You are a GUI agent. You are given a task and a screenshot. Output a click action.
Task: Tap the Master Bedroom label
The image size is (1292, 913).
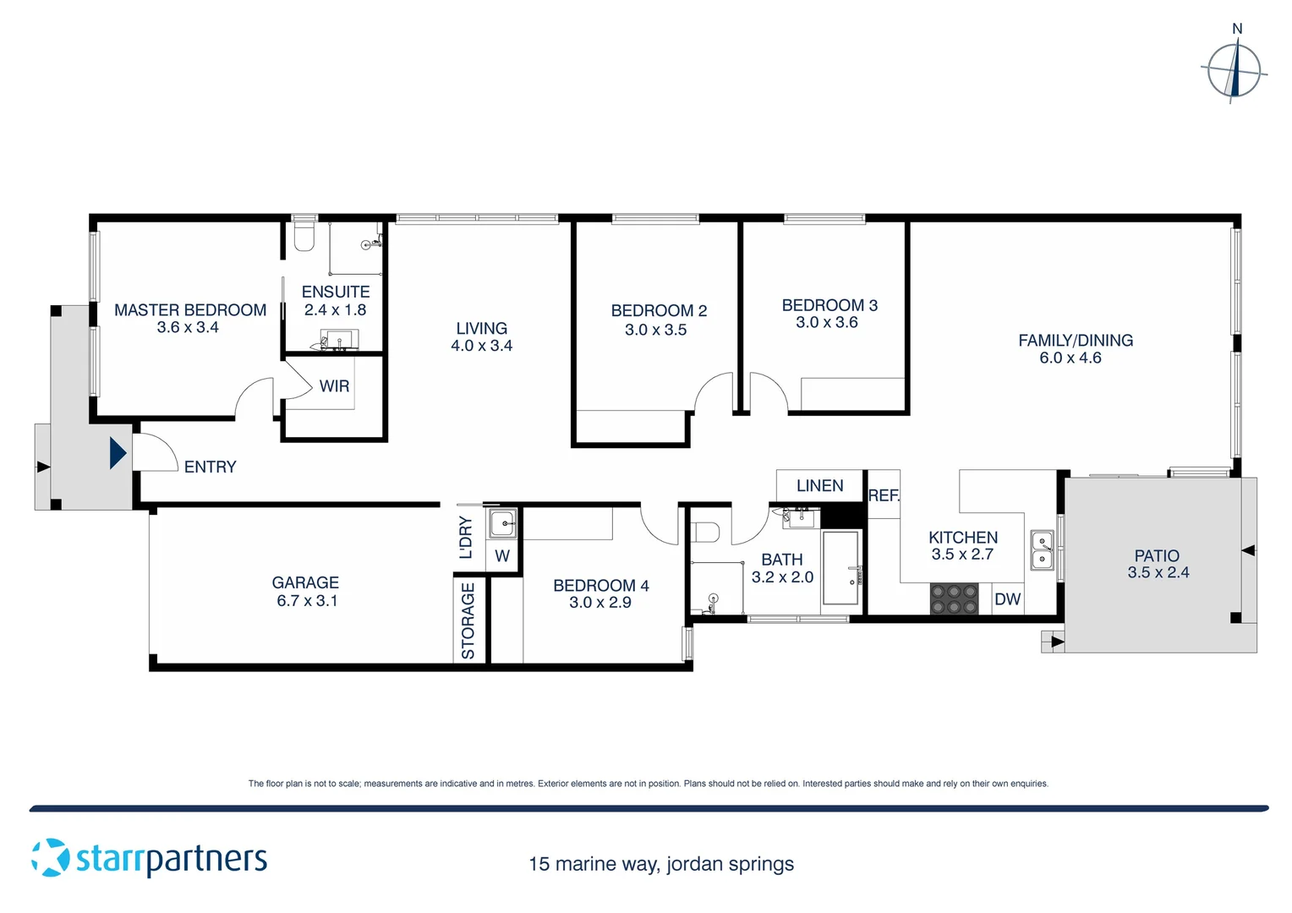tap(190, 310)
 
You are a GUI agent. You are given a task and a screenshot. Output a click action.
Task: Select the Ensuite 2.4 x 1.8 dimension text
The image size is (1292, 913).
tap(335, 310)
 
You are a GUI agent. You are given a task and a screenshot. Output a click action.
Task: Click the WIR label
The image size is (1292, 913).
tap(334, 386)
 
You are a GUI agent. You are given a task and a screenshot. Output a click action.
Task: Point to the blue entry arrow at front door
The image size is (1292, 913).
tap(118, 453)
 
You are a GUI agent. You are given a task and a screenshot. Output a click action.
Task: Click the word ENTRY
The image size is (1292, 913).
tap(210, 467)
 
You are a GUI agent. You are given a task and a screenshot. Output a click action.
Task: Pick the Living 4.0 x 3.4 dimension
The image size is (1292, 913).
tap(481, 346)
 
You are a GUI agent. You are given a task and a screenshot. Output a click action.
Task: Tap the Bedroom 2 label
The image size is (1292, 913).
tap(659, 310)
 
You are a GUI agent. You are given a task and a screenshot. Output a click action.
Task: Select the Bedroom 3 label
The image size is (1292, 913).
tap(829, 305)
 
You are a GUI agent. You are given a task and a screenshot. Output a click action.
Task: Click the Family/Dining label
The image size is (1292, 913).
tap(1075, 341)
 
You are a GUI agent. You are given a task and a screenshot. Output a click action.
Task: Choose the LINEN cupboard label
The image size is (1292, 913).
tap(819, 486)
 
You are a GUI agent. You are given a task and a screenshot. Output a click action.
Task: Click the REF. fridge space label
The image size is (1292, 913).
tap(884, 495)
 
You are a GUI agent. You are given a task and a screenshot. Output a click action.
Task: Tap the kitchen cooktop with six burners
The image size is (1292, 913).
tap(954, 599)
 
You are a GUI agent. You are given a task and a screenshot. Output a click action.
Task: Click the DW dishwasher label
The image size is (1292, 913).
tap(1007, 599)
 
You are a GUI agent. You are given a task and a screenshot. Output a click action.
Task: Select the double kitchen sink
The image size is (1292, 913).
tap(1042, 549)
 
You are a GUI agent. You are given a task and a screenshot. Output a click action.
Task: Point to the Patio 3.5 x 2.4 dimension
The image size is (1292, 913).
tap(1158, 572)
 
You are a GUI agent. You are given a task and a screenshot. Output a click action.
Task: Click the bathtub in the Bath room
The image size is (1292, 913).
tap(840, 567)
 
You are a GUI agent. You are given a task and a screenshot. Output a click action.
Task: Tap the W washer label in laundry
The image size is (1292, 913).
tap(502, 556)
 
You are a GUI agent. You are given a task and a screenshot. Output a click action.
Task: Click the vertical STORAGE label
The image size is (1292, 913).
tap(468, 621)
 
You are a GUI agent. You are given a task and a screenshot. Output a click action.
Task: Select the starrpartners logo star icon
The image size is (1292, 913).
tap(51, 857)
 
